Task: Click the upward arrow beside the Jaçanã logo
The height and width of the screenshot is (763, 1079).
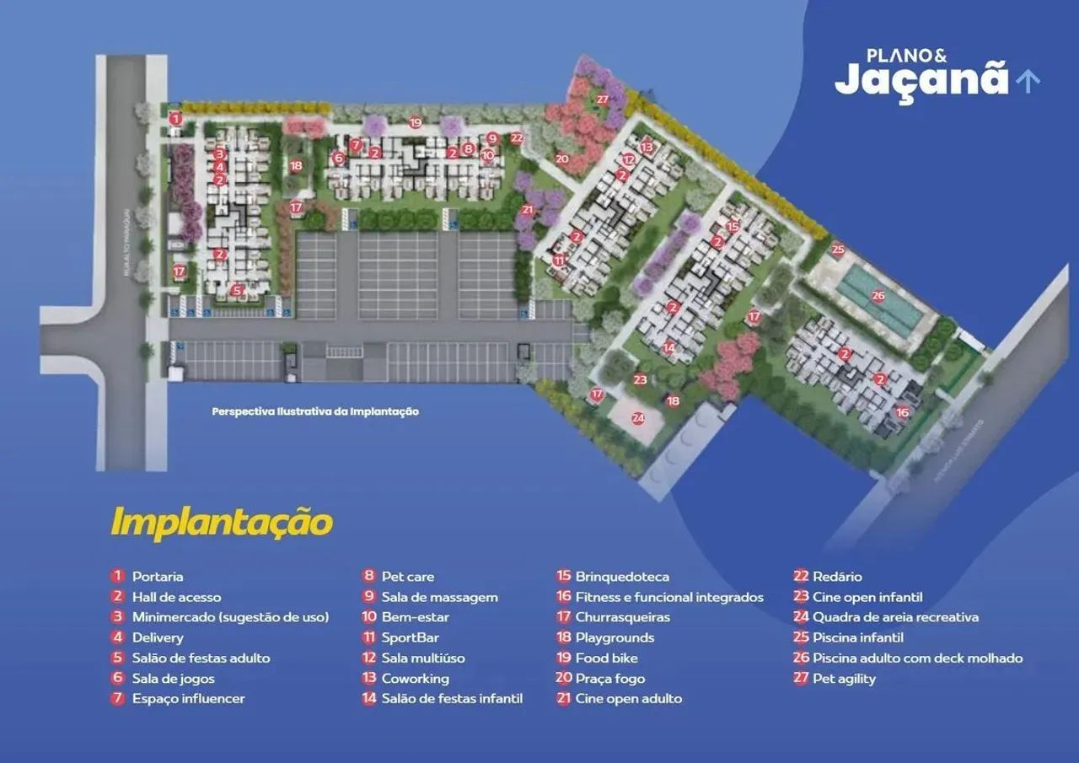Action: [x=1028, y=80]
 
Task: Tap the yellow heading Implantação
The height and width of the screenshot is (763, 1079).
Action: [x=222, y=522]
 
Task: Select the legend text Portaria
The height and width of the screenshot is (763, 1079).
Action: [x=158, y=577]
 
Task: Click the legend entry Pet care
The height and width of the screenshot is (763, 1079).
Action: [x=408, y=577]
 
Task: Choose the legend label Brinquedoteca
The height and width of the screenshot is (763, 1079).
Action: [x=622, y=577]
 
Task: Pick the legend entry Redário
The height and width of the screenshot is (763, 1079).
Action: [x=837, y=577]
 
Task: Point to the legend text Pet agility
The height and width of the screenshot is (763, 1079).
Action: [x=844, y=678]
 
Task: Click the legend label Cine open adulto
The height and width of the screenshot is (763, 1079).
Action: [x=629, y=698]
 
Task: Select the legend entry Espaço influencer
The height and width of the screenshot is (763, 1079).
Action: [x=189, y=698]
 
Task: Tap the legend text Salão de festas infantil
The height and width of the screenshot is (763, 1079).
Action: [x=452, y=698]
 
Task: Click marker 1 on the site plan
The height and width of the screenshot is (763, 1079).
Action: [x=175, y=119]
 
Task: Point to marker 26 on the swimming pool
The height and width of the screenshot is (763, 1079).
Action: [x=878, y=296]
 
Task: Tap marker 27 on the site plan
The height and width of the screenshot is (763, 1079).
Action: [x=602, y=99]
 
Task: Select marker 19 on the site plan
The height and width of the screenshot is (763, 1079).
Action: [x=415, y=122]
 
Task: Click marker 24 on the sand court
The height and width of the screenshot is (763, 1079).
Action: [x=637, y=417]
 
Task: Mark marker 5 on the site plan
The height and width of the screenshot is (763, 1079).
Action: [x=237, y=290]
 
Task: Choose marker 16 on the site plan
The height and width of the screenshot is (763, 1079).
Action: [x=902, y=412]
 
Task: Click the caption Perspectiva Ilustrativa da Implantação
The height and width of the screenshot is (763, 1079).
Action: [x=315, y=411]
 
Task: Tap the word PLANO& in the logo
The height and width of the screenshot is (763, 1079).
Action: [x=906, y=56]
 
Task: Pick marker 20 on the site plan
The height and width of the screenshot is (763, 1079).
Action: [x=562, y=158]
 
